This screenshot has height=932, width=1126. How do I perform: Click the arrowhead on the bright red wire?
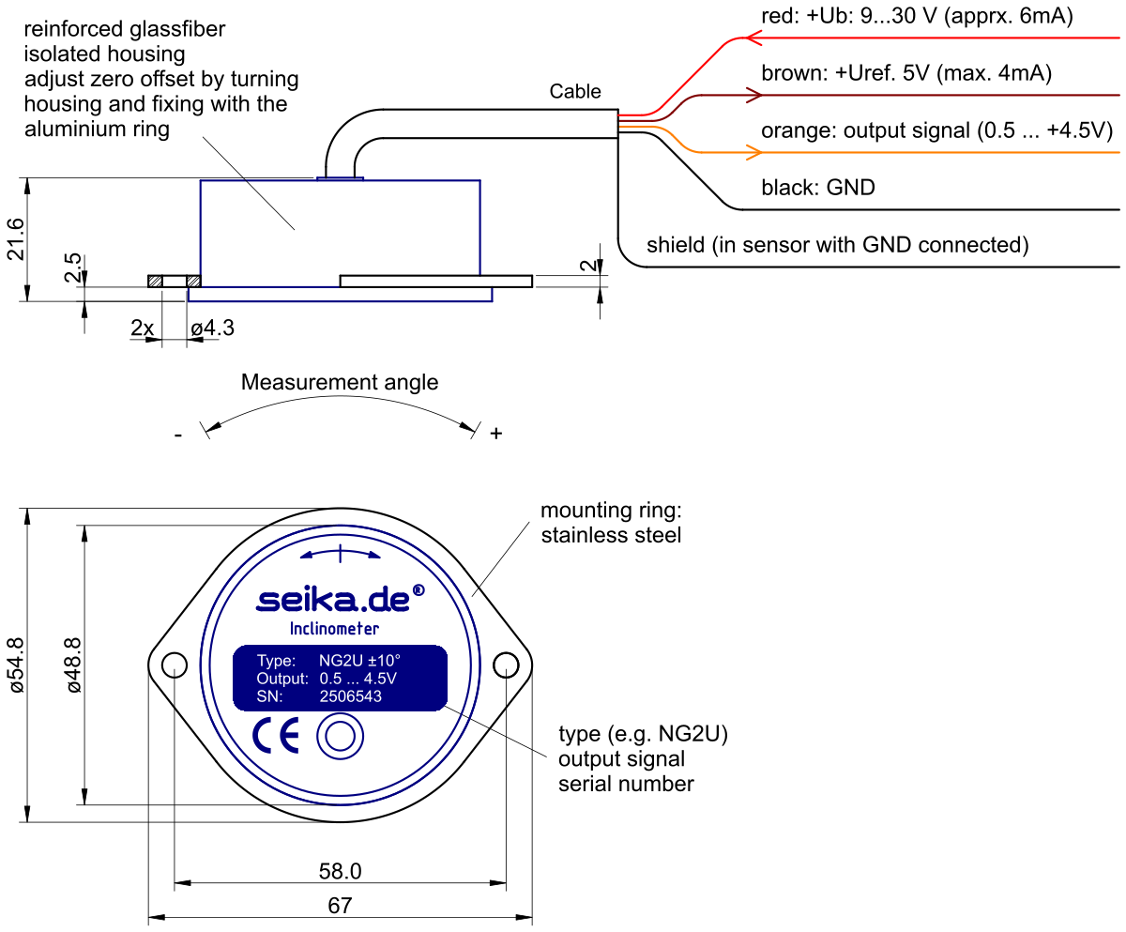point(754,38)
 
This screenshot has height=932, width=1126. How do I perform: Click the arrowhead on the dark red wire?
point(753,96)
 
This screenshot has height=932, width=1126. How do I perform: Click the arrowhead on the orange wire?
point(753,152)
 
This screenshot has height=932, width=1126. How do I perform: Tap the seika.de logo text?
point(333,600)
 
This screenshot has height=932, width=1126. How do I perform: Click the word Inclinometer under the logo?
point(335,629)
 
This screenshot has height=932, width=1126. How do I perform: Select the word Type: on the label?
point(276,661)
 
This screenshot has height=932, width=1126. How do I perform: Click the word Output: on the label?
point(282,679)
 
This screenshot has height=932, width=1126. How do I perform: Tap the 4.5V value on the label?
point(380,679)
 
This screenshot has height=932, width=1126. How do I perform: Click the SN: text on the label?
point(269,696)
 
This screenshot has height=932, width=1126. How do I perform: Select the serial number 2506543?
point(351,696)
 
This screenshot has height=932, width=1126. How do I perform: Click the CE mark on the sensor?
point(276,736)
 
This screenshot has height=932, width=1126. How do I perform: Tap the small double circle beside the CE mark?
point(340,737)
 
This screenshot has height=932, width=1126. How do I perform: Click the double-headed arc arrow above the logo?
point(340,554)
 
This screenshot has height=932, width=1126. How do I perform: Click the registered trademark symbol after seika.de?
point(418,590)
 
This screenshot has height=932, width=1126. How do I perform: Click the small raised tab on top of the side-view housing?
point(341,177)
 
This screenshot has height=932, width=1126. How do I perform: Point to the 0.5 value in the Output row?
point(330,679)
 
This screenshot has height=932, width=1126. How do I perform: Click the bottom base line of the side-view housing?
point(341,301)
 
